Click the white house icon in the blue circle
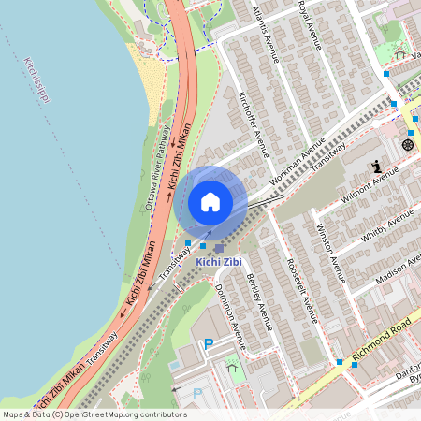click(210, 201)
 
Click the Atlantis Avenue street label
click(267, 32)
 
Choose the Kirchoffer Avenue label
click(254, 123)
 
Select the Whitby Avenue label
click(386, 229)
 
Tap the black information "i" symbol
click(377, 167)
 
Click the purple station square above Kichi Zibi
click(219, 248)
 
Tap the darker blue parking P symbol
click(209, 343)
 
